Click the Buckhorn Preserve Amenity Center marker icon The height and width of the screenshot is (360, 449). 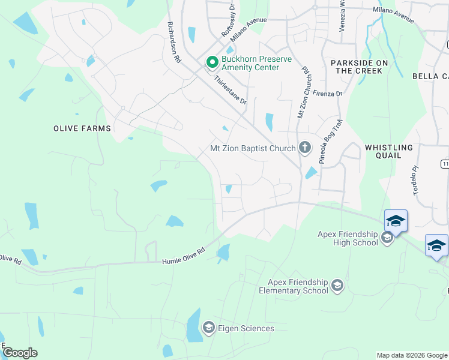pyautogui.click(x=211, y=62)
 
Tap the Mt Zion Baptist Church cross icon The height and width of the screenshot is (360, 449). pyautogui.click(x=305, y=148)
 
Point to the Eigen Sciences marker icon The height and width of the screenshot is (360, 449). pyautogui.click(x=209, y=328)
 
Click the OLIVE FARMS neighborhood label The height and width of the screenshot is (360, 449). pyautogui.click(x=82, y=128)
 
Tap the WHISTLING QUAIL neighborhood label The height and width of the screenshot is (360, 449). pyautogui.click(x=389, y=151)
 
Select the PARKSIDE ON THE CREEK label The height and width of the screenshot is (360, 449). pyautogui.click(x=359, y=67)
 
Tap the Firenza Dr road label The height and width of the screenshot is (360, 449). pyautogui.click(x=327, y=94)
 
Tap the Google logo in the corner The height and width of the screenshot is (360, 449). pyautogui.click(x=20, y=353)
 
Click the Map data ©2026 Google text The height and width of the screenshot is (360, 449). pyautogui.click(x=411, y=355)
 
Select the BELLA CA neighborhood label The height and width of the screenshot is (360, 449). pyautogui.click(x=430, y=76)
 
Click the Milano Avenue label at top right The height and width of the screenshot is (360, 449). pyautogui.click(x=393, y=15)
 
